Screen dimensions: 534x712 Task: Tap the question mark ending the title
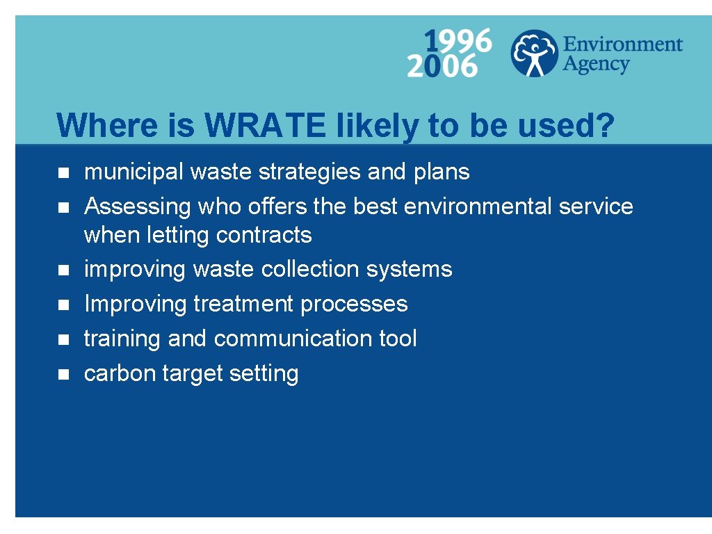coord(605,126)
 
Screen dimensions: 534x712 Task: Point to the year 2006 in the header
coord(442,66)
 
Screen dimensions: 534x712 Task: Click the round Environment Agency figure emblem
coord(533,53)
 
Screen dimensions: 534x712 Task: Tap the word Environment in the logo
coord(622,45)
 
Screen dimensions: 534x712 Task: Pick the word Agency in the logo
coord(596,65)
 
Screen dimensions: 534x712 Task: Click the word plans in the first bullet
coord(442,172)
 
